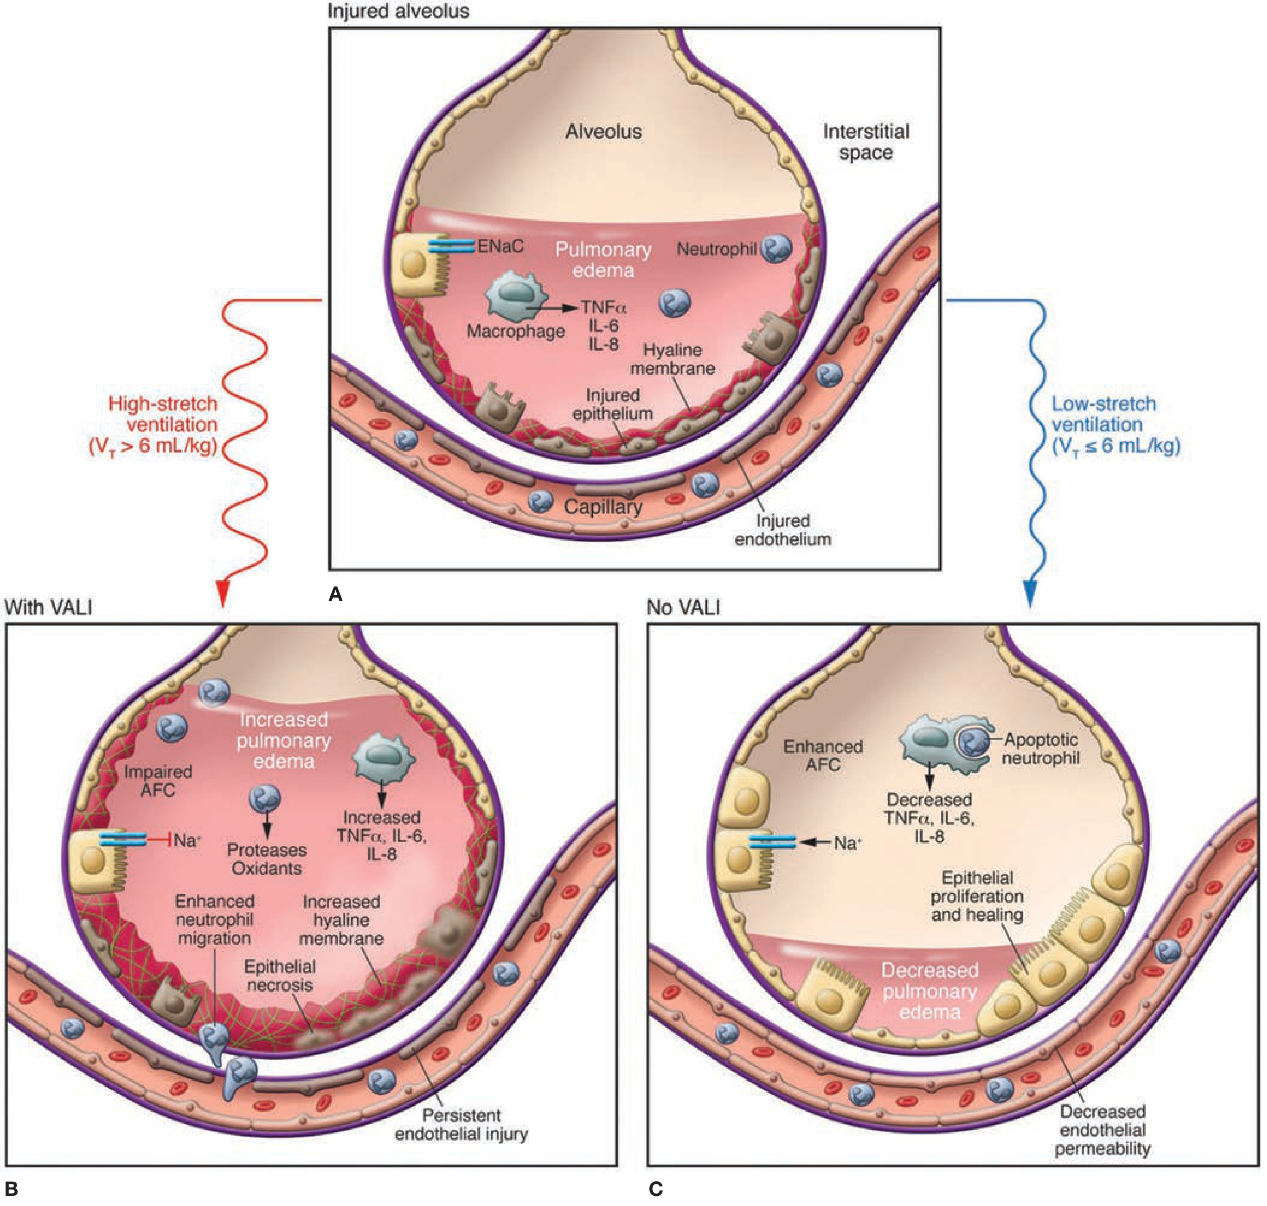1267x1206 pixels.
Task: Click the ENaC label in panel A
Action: (x=500, y=246)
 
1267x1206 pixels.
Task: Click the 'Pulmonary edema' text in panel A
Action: (x=603, y=260)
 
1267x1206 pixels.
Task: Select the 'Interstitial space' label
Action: (x=866, y=142)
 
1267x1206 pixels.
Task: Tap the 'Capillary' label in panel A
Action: (x=603, y=507)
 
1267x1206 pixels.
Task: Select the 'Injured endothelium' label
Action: (x=782, y=530)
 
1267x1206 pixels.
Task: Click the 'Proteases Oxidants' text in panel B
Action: (x=266, y=859)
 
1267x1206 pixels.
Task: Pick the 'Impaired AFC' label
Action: (x=158, y=780)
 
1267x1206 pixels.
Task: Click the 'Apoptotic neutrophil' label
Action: (x=1040, y=749)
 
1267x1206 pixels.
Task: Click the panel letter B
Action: (x=11, y=1189)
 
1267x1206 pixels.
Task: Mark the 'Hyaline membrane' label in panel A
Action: (x=672, y=359)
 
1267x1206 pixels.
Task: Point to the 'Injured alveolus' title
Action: (x=398, y=11)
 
